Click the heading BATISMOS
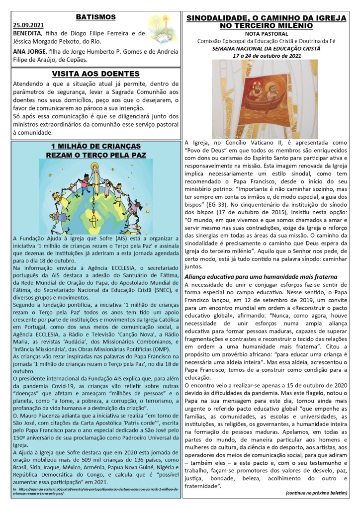pyautogui.click(x=96, y=17)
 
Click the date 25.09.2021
pyautogui.click(x=28, y=25)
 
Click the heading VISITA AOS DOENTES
pyautogui.click(x=96, y=74)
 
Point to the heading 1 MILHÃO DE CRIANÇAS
pyautogui.click(x=96, y=146)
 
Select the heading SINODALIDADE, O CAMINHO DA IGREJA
pyautogui.click(x=266, y=18)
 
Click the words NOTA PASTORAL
pyautogui.click(x=266, y=33)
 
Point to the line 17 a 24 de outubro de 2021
pyautogui.click(x=266, y=56)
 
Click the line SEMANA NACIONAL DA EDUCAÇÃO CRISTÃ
pyautogui.click(x=266, y=48)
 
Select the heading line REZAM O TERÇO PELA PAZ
pyautogui.click(x=96, y=155)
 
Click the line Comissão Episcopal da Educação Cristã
pyautogui.click(x=266, y=41)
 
